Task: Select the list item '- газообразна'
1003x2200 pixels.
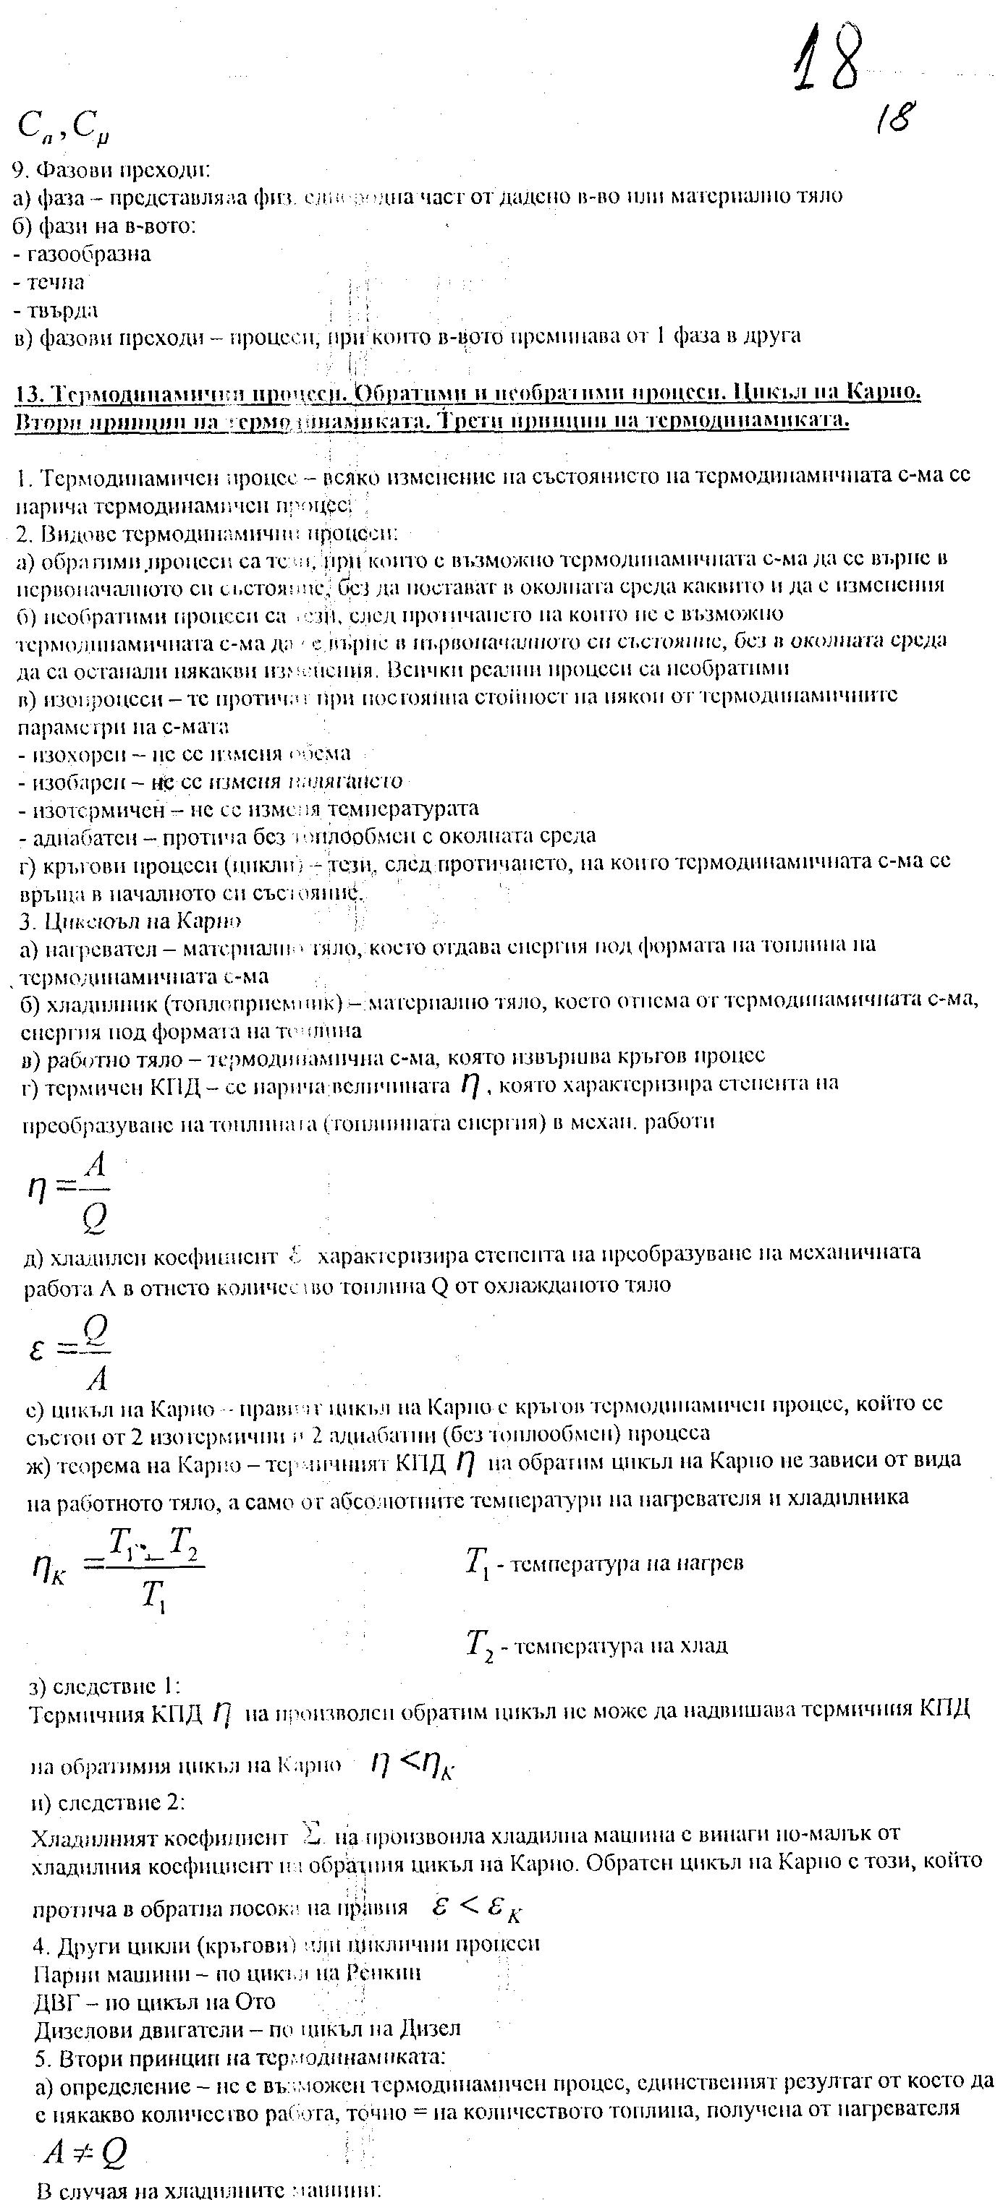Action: coord(83,254)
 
